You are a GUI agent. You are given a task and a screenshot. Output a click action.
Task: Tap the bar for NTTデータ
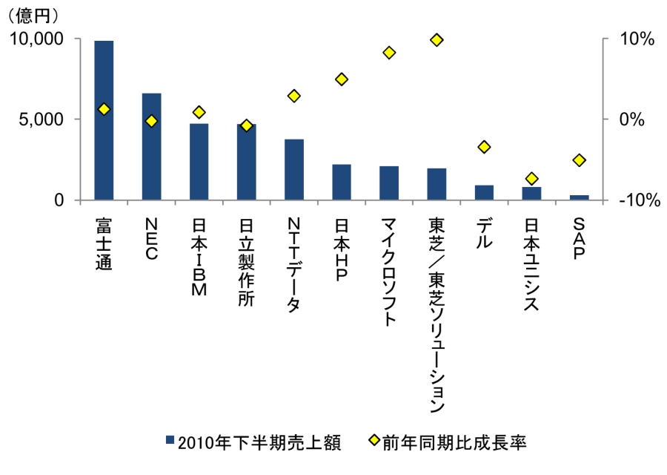click(x=294, y=170)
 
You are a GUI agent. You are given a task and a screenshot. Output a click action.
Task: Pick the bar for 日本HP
click(x=342, y=183)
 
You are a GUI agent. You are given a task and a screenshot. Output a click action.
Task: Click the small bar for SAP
click(x=579, y=197)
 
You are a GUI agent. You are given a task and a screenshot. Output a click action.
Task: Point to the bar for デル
click(x=484, y=193)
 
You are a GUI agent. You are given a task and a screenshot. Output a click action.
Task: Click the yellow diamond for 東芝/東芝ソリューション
click(x=437, y=39)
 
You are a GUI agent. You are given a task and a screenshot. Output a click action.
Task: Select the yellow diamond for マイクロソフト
click(x=389, y=53)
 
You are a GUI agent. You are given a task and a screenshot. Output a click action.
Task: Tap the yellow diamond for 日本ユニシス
click(x=531, y=178)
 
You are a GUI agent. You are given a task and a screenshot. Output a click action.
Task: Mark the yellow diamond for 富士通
click(x=104, y=109)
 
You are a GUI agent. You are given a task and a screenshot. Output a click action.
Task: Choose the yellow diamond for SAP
click(x=579, y=160)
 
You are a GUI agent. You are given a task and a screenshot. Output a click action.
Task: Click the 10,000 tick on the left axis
click(x=36, y=39)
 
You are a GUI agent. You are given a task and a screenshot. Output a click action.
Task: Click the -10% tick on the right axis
click(x=634, y=200)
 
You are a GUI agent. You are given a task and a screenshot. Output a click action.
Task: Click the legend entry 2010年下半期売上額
click(x=252, y=442)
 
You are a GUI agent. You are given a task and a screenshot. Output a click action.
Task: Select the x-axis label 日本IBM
click(x=199, y=257)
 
